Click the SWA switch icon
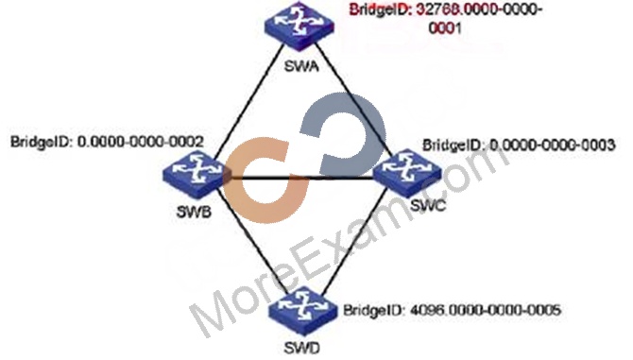pos(299,26)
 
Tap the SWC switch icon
pos(407,173)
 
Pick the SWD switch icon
pos(302,311)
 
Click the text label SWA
pos(301,66)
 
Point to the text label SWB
pos(194,212)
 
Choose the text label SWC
pos(428,206)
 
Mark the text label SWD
pos(302,348)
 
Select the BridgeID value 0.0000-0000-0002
pos(140,142)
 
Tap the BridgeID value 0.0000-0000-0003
pos(552,145)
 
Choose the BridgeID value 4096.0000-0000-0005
pos(486,310)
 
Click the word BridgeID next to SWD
pos(373,310)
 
